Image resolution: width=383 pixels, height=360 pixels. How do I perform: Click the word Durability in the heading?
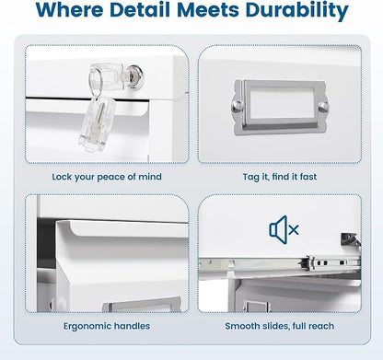coord(296,10)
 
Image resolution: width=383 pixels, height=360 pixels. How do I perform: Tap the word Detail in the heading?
coord(140,10)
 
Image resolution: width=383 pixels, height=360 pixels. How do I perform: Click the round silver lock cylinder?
coord(136,77)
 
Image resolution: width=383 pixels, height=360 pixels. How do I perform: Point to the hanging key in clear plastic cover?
coord(97,123)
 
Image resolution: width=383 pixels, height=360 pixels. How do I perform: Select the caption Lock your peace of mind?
coord(107,177)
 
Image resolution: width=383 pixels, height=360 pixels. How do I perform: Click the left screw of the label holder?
coord(237,107)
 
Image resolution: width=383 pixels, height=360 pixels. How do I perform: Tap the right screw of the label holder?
coord(322,107)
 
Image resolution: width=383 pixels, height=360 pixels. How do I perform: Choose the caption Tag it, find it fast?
coord(280,177)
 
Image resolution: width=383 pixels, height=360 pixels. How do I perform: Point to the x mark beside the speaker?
coord(294,229)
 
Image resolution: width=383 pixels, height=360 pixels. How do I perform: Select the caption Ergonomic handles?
coord(107,326)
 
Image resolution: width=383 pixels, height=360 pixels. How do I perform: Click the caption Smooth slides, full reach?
coord(280,326)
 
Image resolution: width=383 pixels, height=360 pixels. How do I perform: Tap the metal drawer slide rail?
coord(279,264)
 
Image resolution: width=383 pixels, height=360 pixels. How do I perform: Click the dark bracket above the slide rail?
coord(350,239)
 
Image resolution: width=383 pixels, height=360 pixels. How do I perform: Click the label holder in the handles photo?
coord(142,305)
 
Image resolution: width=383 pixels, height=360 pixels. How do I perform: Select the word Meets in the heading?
coord(208,10)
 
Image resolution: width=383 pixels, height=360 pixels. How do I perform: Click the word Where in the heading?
coord(69,10)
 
